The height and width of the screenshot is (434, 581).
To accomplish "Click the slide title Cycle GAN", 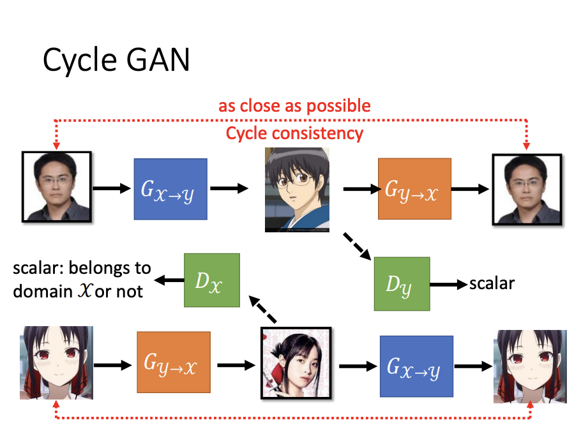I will point(116,61).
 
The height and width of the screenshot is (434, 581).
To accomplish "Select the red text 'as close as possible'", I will point(294,105).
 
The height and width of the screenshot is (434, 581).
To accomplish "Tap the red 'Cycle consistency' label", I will point(294,133).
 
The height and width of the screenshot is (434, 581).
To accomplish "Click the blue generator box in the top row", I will point(170,188).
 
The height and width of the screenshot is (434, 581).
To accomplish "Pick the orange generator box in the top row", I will point(414,188).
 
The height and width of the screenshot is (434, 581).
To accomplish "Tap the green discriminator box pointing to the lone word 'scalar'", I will point(402,283).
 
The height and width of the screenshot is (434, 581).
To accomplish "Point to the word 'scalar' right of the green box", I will point(492,283).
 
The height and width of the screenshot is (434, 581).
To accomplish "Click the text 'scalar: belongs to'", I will point(82,267).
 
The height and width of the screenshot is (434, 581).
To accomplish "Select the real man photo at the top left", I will point(57,186).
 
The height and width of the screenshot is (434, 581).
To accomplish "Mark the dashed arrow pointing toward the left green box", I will point(264,308).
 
